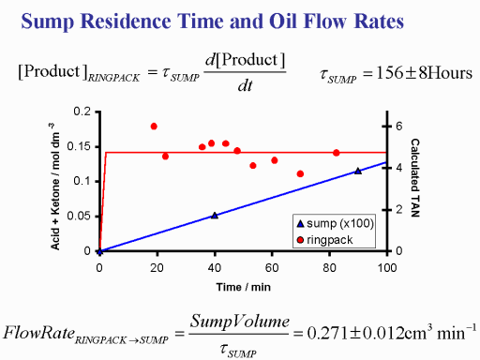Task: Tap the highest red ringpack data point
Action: pos(154,127)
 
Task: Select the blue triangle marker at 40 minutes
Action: pos(215,216)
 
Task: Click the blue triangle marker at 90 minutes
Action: pos(358,171)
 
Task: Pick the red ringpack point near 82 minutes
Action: pos(337,153)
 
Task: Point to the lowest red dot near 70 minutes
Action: pos(300,173)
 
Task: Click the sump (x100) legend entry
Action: pos(335,223)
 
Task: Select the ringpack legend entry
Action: pos(324,240)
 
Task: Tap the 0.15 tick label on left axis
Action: pos(79,146)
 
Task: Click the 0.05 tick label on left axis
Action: pos(79,216)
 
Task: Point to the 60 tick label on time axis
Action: pos(272,268)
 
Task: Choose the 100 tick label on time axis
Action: pos(387,268)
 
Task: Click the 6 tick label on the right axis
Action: pos(399,127)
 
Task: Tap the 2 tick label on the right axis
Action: pos(399,210)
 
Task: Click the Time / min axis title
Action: pos(244,287)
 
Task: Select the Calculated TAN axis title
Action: pos(415,178)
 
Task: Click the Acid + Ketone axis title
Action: pos(55,187)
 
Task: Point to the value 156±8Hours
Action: pos(425,73)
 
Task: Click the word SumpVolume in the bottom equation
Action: pos(240,322)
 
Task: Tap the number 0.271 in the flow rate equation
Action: pos(327,333)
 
